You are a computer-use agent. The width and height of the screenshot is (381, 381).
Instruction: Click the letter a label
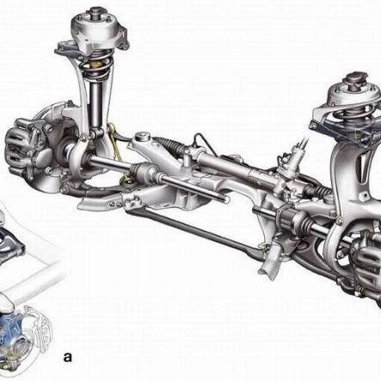(68, 357)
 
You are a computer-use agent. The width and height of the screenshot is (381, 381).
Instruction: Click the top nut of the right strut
(356, 78)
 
